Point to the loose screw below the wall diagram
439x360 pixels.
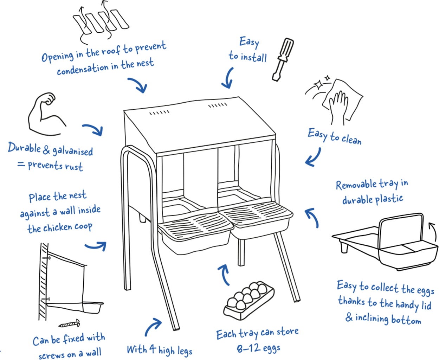click(x=70, y=323)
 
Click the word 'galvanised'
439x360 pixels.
click(x=72, y=151)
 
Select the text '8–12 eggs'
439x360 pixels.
click(x=258, y=348)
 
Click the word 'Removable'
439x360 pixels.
click(x=356, y=185)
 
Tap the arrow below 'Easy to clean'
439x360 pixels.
click(x=313, y=157)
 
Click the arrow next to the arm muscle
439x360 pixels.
click(x=93, y=129)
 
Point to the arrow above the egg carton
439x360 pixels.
click(x=224, y=274)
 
